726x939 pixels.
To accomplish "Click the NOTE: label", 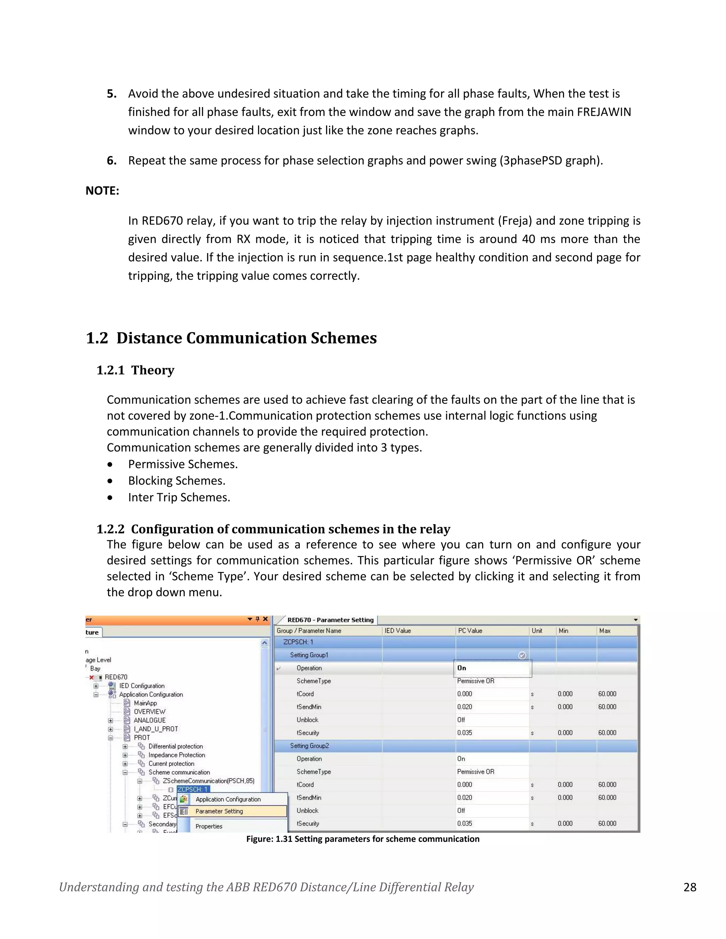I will (x=102, y=191).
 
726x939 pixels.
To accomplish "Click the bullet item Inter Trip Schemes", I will (x=179, y=497).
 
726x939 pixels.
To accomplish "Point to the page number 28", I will (x=689, y=887).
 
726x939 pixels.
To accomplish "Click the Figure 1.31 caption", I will (x=363, y=839).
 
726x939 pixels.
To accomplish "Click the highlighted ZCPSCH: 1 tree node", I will (x=193, y=789).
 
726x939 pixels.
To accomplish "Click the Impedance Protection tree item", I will (x=176, y=755).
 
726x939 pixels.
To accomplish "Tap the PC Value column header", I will (x=470, y=631).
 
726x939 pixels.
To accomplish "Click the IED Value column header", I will (x=397, y=631).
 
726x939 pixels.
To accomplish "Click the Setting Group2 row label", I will (x=309, y=746).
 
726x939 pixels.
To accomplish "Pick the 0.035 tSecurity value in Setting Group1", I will (x=464, y=733).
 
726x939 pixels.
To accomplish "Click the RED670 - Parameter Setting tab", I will (x=330, y=620).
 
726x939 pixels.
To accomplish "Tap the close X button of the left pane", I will (x=266, y=619).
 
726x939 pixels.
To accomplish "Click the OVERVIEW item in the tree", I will (x=149, y=712).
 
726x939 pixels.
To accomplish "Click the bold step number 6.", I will (x=111, y=161).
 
